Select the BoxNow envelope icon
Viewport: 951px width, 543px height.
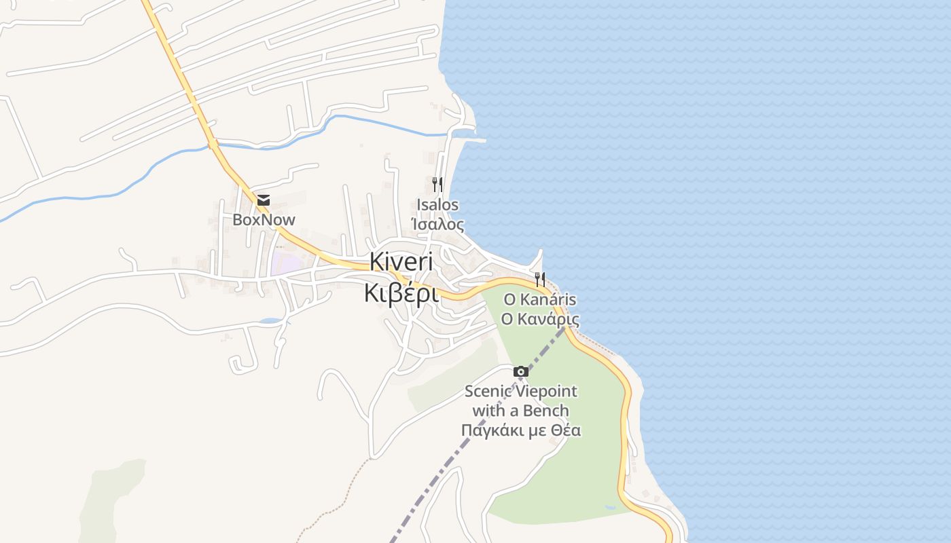[x=263, y=200]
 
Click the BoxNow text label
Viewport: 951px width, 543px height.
[x=264, y=219]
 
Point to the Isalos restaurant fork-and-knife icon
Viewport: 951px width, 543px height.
[x=437, y=184]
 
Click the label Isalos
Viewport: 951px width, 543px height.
[x=437, y=205]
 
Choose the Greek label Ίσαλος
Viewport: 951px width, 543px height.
[x=437, y=224]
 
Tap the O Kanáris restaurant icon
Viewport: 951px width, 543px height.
[x=540, y=279]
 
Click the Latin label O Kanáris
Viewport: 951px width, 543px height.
[x=539, y=299]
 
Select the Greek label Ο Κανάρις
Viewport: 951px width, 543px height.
[x=539, y=319]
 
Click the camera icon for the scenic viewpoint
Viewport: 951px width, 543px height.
[x=521, y=371]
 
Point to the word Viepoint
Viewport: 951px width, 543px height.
[x=545, y=392]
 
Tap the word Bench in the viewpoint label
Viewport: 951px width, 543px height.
[x=547, y=411]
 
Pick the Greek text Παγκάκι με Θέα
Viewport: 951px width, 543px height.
[x=521, y=430]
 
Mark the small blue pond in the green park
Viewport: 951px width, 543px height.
[x=609, y=507]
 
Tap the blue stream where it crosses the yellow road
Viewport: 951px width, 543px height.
[x=213, y=144]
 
